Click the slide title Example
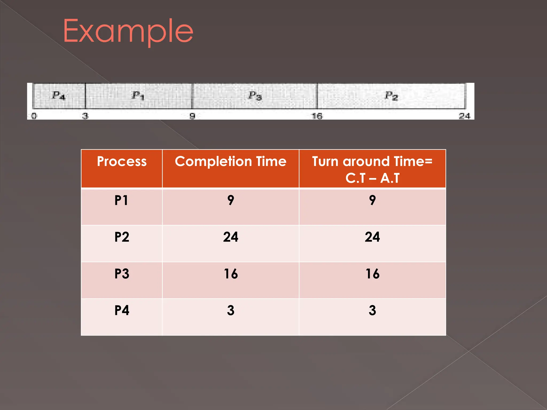click(x=128, y=31)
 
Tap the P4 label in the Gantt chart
click(x=58, y=95)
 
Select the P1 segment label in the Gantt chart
click(x=138, y=95)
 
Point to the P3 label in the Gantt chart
click(x=255, y=96)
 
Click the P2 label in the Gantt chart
click(x=391, y=96)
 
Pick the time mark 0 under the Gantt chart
click(x=34, y=116)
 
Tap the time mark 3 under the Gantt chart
click(x=85, y=116)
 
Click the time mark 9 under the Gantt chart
click(x=192, y=116)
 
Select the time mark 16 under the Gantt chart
click(x=317, y=116)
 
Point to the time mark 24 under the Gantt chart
click(x=464, y=116)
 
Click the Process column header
click(x=122, y=161)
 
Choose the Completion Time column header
click(x=230, y=161)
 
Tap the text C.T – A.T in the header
click(x=372, y=178)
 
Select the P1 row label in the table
click(x=122, y=200)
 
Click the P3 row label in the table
click(x=122, y=274)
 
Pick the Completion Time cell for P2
click(x=230, y=237)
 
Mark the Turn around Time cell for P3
click(x=372, y=274)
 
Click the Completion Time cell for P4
click(x=230, y=310)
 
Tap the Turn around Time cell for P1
click(x=372, y=200)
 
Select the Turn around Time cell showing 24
click(x=372, y=237)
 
